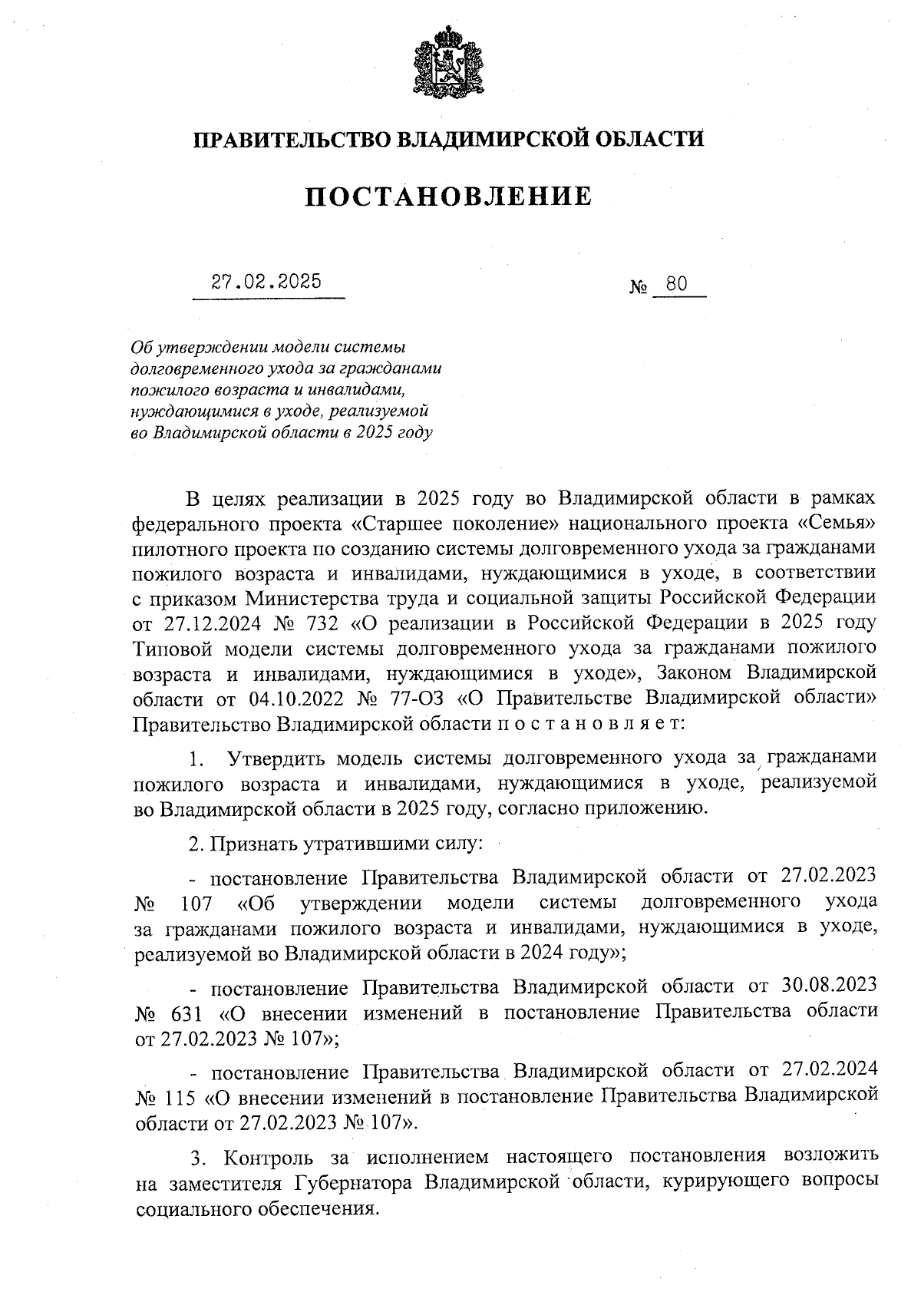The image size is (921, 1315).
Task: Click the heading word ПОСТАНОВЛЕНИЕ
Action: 449,197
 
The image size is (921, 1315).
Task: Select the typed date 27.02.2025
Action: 266,282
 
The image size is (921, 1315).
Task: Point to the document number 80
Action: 676,285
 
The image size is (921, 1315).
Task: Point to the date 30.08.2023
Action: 829,986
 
